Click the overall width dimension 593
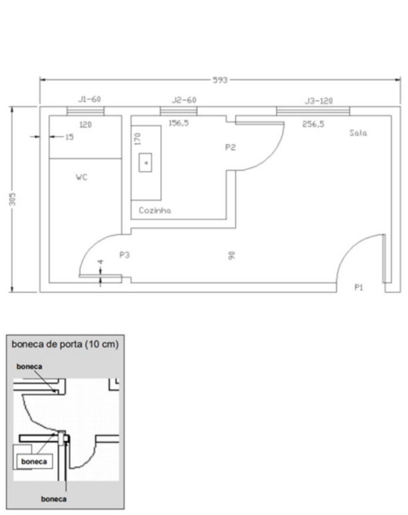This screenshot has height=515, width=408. (220, 80)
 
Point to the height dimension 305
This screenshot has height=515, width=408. (12, 199)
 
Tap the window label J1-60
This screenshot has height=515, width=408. (90, 99)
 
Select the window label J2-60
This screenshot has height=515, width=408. (184, 100)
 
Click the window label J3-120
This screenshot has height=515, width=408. (318, 101)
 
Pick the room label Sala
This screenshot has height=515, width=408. (358, 133)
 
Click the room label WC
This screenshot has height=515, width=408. (82, 177)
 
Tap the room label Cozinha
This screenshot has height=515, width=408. (155, 210)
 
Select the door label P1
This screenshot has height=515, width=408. (359, 287)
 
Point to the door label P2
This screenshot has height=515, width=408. (230, 147)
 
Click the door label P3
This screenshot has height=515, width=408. (125, 255)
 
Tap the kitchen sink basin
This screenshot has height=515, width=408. (146, 163)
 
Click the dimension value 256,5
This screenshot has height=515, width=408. (313, 124)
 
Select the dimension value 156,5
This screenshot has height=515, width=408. (179, 123)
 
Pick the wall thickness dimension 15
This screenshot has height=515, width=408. (69, 137)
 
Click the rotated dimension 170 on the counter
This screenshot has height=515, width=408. (137, 139)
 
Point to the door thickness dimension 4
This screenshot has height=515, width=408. (101, 262)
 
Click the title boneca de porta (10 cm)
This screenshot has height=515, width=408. (65, 344)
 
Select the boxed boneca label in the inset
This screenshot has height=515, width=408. (34, 462)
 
